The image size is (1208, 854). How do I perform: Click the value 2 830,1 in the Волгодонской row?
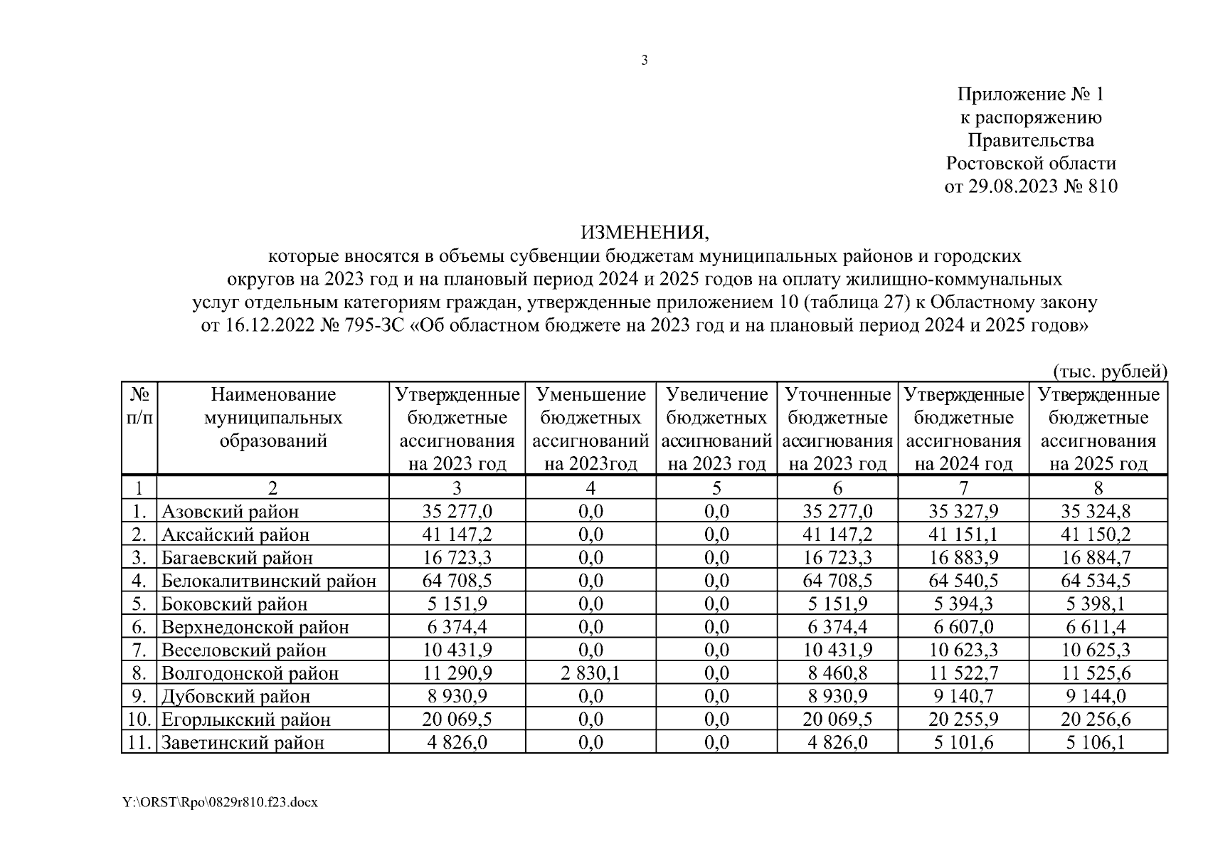point(590,673)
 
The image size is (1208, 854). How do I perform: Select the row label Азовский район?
point(230,511)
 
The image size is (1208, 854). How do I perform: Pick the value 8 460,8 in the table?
point(837,673)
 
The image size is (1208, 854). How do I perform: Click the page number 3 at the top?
point(645,60)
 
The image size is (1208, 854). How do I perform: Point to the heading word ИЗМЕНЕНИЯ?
point(645,233)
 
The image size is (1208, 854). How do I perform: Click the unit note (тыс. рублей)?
point(1109,371)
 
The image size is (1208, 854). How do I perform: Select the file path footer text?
point(220,802)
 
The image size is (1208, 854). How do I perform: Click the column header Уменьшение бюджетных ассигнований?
point(590,429)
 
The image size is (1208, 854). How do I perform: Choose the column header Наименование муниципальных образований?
point(272,417)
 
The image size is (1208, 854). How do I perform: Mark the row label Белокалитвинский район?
point(269,580)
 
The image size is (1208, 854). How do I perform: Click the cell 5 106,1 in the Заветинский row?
point(1098,742)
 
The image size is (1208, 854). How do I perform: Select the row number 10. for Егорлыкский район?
point(139,719)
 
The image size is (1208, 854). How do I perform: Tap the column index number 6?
point(837,487)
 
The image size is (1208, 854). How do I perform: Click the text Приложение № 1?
point(1030,94)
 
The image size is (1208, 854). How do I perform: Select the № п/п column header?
point(139,406)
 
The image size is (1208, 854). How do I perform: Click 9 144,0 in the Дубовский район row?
point(1098,695)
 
